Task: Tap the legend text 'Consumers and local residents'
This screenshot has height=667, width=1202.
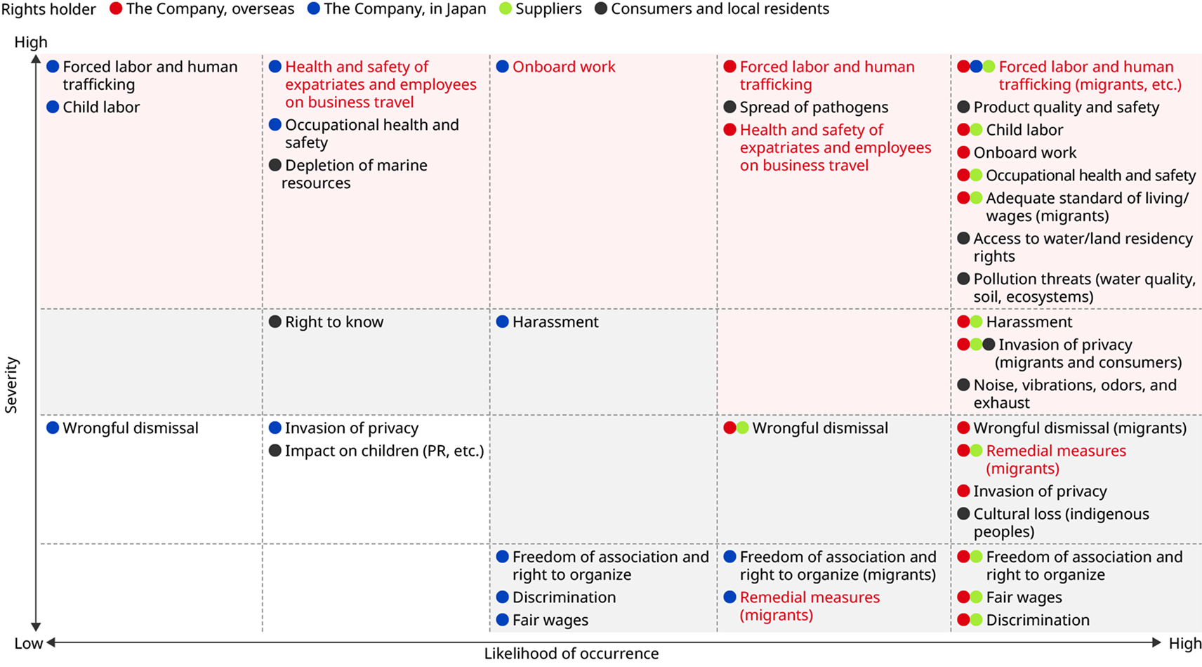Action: pos(720,9)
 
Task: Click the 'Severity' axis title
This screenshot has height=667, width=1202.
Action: pos(11,385)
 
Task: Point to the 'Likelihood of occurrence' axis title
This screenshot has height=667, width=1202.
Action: pos(571,654)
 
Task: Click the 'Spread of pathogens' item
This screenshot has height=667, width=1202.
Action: pos(813,107)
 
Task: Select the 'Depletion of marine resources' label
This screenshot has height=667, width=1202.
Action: pos(355,174)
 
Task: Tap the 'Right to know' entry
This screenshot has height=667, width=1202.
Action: pos(333,322)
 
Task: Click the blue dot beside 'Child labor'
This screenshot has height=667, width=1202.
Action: pos(53,107)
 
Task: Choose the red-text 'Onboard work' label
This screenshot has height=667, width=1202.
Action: pos(563,67)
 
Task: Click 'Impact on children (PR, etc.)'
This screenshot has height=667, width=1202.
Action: pos(384,451)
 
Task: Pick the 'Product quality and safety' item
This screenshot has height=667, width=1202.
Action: pos(1066,107)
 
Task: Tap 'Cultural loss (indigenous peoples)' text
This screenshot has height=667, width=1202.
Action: pos(1060,523)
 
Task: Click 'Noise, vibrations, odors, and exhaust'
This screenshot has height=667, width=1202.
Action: pos(1074,394)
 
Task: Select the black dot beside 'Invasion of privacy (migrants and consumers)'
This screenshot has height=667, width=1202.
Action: pos(989,345)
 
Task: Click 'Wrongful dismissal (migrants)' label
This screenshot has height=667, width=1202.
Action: pos(1079,428)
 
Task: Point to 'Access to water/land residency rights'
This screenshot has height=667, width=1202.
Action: pos(1082,247)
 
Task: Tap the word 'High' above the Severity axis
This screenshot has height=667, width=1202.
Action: pos(31,42)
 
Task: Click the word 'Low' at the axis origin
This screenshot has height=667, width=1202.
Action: pos(28,643)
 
